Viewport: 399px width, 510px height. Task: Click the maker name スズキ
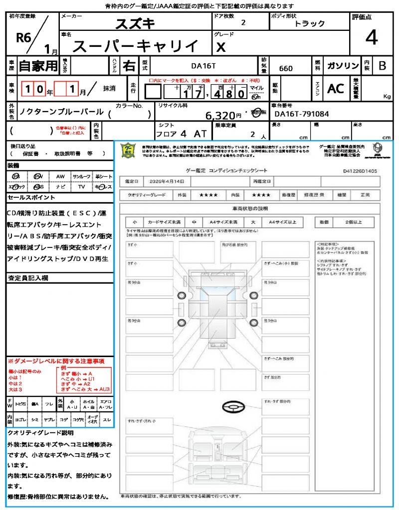coord(135,23)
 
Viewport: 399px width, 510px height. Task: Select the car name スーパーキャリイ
coord(135,46)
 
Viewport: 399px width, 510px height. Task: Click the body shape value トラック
coord(309,23)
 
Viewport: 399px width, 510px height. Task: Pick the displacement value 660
coord(286,69)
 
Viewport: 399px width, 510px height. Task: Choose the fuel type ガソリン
coord(343,66)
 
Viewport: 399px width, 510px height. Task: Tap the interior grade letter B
coord(382,66)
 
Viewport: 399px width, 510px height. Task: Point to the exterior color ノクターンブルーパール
coord(61,112)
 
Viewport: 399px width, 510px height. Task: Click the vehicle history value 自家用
coord(38,66)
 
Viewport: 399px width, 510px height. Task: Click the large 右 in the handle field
coord(129,66)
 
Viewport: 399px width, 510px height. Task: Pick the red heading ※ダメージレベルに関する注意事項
coord(56,361)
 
